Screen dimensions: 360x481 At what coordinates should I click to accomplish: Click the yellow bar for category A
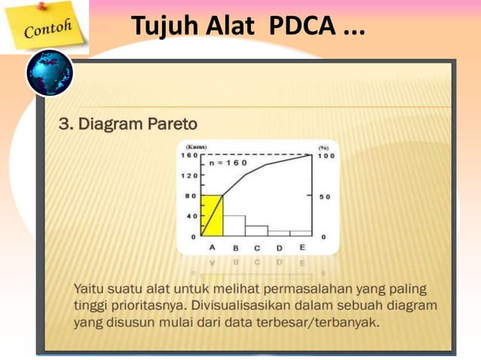(213, 217)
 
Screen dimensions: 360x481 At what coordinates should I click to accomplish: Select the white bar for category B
(234, 226)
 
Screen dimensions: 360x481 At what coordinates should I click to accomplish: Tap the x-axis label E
(302, 247)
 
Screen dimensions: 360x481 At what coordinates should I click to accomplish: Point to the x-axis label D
(279, 247)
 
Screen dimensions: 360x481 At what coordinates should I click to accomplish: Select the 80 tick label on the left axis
(191, 196)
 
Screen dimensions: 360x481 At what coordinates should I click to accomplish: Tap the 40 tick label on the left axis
(191, 216)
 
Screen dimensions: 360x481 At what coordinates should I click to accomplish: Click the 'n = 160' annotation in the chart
(228, 163)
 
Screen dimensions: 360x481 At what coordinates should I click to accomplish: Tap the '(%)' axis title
(323, 148)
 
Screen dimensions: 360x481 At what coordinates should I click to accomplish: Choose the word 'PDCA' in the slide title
(300, 28)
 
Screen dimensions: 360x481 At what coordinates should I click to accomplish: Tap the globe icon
(50, 74)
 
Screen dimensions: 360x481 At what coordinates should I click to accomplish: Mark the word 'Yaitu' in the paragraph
(90, 288)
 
